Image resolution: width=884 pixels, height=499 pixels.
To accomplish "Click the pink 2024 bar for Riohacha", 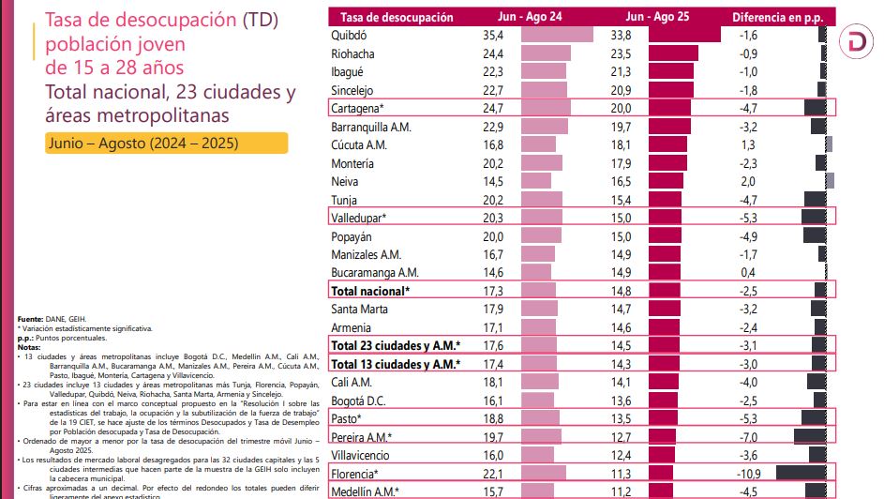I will pyautogui.click(x=546, y=53).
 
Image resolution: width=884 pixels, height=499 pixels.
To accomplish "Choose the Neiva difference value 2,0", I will pyautogui.click(x=747, y=181).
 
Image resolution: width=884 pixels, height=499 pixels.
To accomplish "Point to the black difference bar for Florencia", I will pyautogui.click(x=801, y=474).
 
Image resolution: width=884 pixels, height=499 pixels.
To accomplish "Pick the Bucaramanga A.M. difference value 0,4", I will pyautogui.click(x=747, y=272).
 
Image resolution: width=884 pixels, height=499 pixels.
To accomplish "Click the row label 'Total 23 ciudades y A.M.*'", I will pyautogui.click(x=396, y=345).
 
